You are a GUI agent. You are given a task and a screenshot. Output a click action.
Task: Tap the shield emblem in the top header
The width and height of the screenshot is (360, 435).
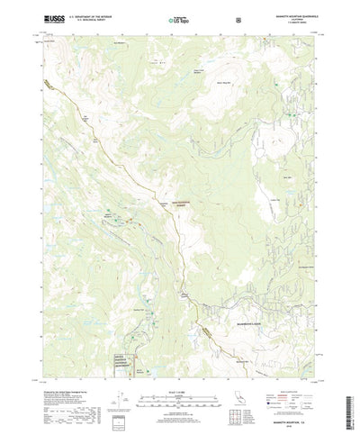237,18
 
